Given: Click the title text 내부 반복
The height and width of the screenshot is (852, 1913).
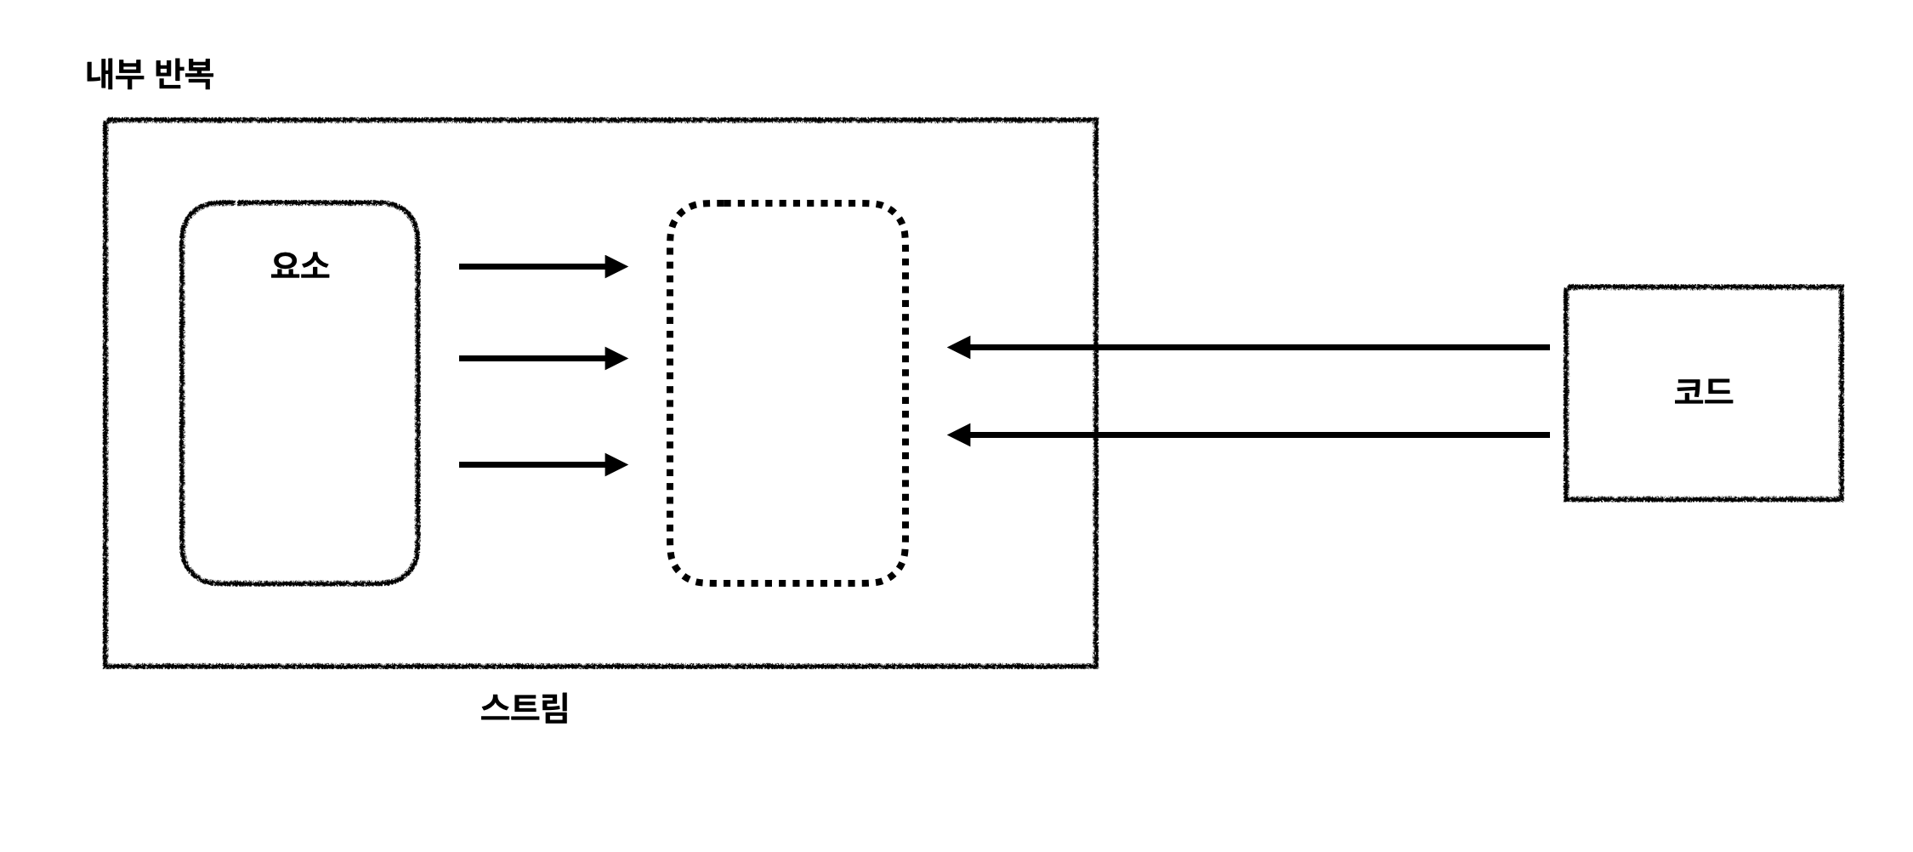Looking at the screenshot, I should click(150, 74).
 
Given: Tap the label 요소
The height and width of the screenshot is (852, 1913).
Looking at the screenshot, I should click(299, 266).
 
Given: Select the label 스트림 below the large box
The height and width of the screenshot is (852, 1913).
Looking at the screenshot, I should click(525, 707).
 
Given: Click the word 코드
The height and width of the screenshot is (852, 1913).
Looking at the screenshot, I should click(1703, 392).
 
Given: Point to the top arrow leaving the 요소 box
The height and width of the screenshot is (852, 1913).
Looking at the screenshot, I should click(536, 267).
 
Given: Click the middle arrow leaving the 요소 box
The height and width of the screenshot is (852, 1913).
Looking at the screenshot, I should click(536, 358).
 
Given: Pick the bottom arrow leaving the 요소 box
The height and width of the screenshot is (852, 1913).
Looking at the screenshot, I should click(536, 465).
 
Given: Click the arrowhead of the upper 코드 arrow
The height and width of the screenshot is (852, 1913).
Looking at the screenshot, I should click(959, 347).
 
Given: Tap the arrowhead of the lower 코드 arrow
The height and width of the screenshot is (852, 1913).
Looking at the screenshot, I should click(959, 435).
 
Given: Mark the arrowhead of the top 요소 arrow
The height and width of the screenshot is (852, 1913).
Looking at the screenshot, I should click(616, 267).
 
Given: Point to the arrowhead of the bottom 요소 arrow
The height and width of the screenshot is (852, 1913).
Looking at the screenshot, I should click(616, 465).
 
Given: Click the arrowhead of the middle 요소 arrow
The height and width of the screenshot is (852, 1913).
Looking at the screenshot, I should click(616, 358).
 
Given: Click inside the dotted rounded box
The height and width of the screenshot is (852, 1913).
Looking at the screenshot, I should click(788, 393).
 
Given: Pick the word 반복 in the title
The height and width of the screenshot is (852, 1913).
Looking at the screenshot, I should click(184, 74).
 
